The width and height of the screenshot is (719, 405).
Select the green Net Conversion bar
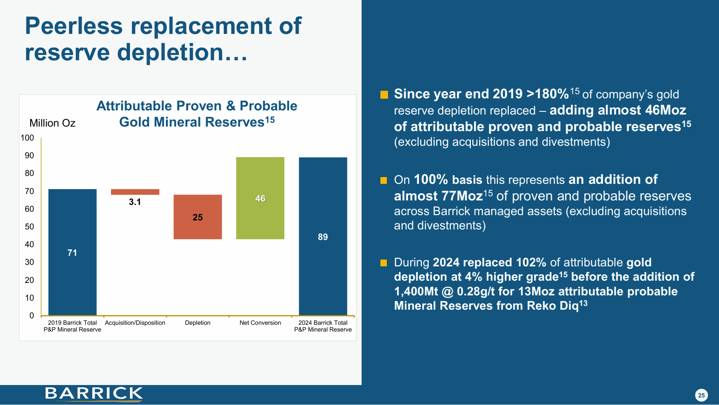point(260,198)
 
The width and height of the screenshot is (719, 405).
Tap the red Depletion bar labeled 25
point(197,217)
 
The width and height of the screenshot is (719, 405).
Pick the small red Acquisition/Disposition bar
point(135,192)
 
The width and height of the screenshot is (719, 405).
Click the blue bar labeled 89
point(323,236)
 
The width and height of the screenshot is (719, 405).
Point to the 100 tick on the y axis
point(27,138)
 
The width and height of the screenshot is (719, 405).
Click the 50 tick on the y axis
point(29,227)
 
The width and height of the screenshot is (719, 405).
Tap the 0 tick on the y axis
point(32,316)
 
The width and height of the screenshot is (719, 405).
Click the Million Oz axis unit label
point(52,123)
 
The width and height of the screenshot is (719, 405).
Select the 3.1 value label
point(135,202)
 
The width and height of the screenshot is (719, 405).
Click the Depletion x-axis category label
point(197,323)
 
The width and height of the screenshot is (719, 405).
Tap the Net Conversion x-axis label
point(260,323)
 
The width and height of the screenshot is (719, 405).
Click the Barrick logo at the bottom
point(94,394)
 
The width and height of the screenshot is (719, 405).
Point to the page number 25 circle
point(701,395)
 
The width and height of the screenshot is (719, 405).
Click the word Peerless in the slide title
point(74,26)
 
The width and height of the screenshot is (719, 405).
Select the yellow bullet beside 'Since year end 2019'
point(384,95)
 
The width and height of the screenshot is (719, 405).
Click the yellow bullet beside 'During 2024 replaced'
point(383,263)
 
